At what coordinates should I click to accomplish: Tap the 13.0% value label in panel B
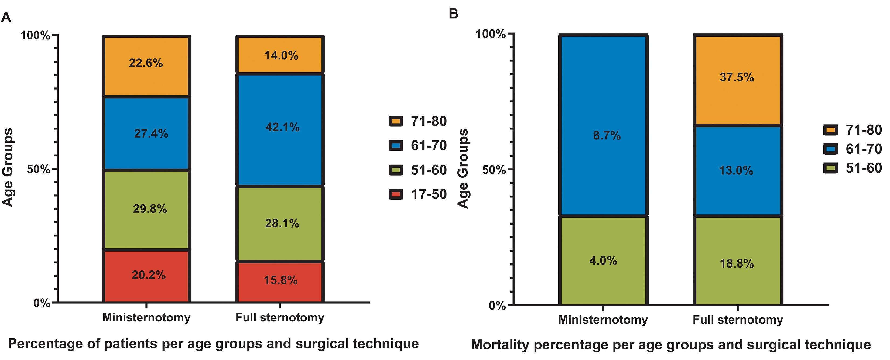click(x=736, y=171)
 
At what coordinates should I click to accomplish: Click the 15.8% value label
click(x=280, y=280)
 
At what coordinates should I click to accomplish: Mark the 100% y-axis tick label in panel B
click(x=491, y=34)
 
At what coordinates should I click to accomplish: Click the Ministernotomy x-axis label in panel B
click(x=603, y=320)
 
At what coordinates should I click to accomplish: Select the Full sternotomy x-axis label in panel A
click(x=280, y=317)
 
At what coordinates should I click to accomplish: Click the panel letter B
click(x=453, y=14)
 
